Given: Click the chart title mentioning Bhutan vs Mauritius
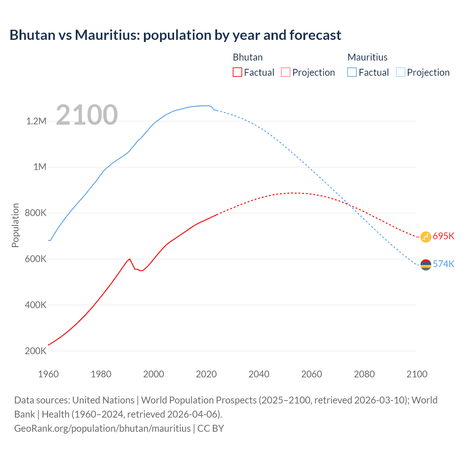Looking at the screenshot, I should coord(175,35).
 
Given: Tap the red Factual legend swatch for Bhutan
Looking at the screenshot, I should coord(237,72).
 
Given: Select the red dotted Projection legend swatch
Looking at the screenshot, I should coord(286,72).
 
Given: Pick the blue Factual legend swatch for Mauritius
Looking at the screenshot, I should coord(352,72).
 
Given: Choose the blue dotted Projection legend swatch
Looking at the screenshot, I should coord(400,72).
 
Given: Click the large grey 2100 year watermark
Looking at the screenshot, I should coord(87,115).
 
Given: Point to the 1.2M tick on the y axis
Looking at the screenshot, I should coord(36,121).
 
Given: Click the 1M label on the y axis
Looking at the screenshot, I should coord(40,167).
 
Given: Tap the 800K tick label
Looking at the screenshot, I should coord(36,213).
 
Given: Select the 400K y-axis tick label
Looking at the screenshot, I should coord(36,305).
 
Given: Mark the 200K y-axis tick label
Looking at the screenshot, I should coord(36,351).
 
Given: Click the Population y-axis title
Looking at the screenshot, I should coord(15,225).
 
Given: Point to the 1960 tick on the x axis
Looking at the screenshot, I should coord(48,374).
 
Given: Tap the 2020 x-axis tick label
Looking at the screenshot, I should coord(206,374).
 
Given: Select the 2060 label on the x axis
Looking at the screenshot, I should coord(311,374).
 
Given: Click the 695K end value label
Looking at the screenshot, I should coord(443,236).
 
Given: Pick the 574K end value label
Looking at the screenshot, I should coord(443,264).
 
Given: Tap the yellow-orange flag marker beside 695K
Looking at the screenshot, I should coord(426,237).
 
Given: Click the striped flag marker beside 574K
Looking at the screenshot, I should coord(426,265).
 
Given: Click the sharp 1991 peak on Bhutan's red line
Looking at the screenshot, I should coord(129,259).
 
